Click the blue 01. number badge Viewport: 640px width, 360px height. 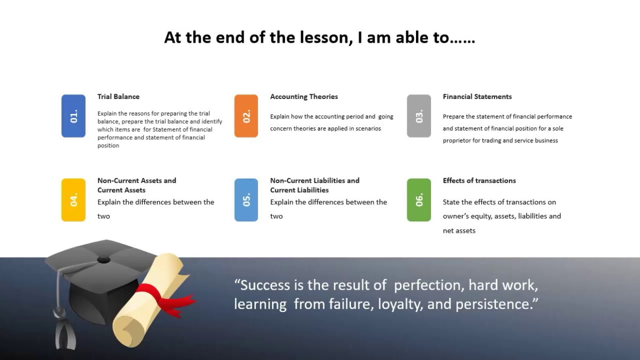[x=73, y=116]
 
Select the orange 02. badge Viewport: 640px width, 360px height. [x=246, y=116]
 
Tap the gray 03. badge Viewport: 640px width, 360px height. [x=419, y=116]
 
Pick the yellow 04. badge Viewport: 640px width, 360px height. [x=73, y=200]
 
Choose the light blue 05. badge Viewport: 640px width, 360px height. [x=246, y=200]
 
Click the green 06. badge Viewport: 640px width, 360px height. [x=419, y=200]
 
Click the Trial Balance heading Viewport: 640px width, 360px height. [x=118, y=96]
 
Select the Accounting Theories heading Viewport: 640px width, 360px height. [x=304, y=96]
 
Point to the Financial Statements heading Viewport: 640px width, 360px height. [x=477, y=96]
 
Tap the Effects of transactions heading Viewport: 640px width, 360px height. [x=479, y=181]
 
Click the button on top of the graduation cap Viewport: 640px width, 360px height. [x=103, y=260]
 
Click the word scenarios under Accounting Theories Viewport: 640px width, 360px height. [x=368, y=128]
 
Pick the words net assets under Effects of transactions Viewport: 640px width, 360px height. [x=459, y=231]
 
